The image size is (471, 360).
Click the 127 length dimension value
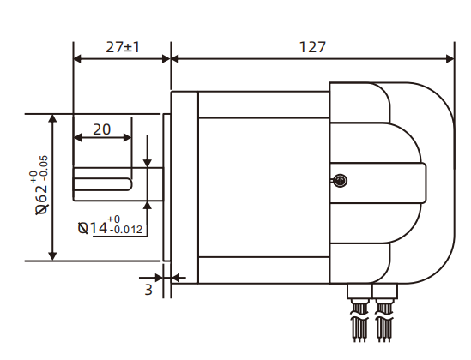click(312, 48)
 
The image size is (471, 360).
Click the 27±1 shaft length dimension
click(123, 48)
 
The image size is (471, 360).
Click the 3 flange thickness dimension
click(148, 290)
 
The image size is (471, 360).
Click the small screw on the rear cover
click(339, 180)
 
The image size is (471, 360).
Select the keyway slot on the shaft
click(102, 183)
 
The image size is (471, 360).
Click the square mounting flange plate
click(184, 187)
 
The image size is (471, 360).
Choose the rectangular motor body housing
click(263, 187)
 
